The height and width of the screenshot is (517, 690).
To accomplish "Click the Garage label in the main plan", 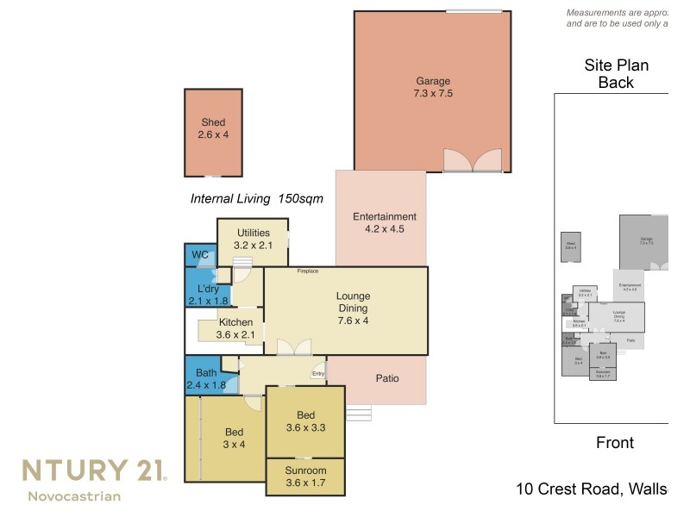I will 432,88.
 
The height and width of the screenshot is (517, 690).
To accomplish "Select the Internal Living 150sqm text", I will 256,199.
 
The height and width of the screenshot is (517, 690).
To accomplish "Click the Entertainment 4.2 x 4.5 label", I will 385,223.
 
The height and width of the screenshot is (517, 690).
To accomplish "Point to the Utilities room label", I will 253,239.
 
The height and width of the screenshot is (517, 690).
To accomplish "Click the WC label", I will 200,255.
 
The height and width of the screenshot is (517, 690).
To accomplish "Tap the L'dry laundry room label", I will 207,295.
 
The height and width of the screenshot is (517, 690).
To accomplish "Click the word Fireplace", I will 308,271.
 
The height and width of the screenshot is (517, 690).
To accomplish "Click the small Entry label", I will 317,374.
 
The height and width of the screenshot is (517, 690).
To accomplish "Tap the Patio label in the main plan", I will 386,377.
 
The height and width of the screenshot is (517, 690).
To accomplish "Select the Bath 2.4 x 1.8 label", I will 206,379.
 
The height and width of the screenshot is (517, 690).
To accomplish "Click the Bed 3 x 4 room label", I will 235,438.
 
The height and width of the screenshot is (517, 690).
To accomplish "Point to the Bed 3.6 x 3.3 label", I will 305,420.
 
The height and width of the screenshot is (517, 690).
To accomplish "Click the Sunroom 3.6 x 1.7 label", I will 305,477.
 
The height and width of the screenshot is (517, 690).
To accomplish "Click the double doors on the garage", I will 472,160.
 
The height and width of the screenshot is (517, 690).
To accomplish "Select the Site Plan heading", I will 616,74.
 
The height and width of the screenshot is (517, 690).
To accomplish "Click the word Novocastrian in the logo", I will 74,496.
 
